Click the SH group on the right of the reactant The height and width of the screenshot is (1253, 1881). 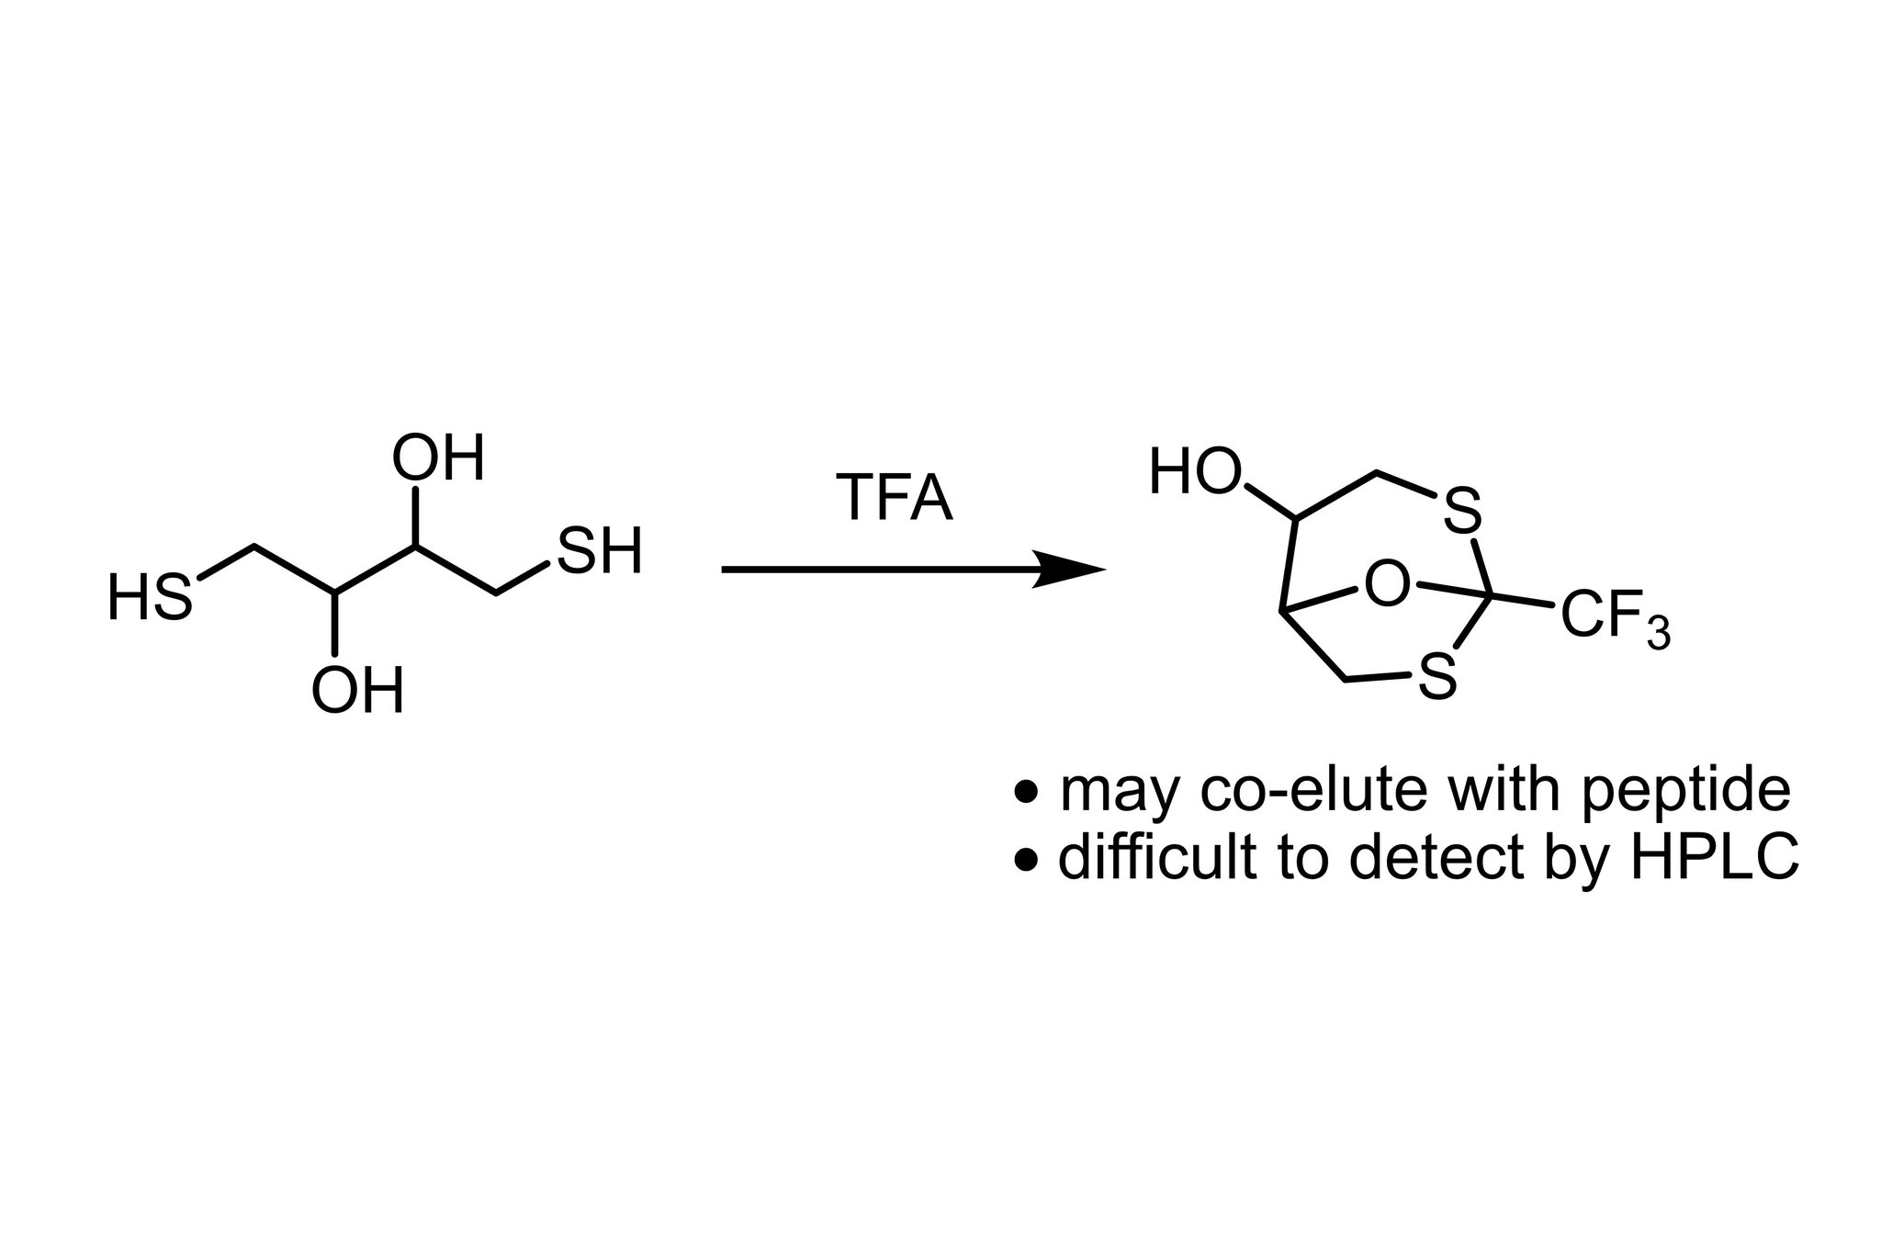599,551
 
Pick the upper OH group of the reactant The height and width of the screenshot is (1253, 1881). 437,458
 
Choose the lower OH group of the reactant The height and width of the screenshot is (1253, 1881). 357,691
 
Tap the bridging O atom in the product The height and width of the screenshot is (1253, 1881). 1386,584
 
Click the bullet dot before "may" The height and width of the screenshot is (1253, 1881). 1028,791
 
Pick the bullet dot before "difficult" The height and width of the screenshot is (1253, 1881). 1028,860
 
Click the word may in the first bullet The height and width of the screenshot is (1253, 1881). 1117,792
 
